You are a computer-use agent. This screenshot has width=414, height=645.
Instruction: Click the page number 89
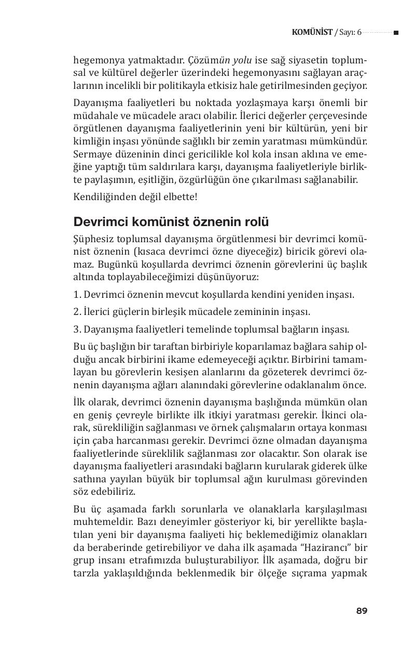click(362, 611)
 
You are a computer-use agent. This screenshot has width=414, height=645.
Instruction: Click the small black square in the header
click(396, 33)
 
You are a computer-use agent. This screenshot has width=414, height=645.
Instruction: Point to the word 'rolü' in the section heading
click(257, 222)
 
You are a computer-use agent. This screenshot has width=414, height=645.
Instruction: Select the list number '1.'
click(77, 295)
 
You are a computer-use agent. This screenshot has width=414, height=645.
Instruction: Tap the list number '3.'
click(77, 329)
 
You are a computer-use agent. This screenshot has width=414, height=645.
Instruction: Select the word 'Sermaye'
click(91, 155)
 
